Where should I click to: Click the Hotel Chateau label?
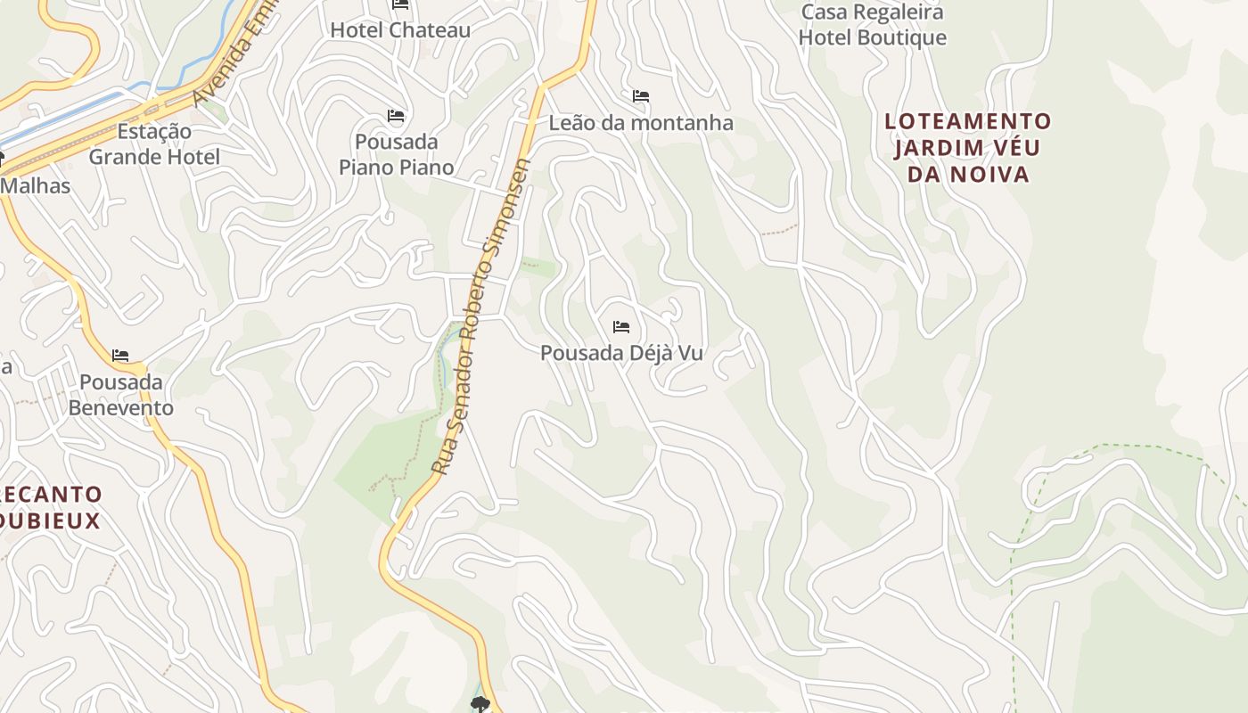click(x=400, y=30)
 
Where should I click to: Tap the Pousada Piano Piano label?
click(x=397, y=154)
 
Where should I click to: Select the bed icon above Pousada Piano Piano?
click(x=396, y=116)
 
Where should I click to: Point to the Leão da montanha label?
click(x=641, y=123)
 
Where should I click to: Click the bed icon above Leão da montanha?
click(x=640, y=96)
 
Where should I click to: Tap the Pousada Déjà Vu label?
click(x=621, y=353)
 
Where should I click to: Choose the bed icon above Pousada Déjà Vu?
click(x=621, y=327)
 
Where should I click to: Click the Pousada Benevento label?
click(x=121, y=395)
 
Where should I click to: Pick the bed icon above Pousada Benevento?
click(x=120, y=356)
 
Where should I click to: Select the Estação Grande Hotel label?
click(x=154, y=144)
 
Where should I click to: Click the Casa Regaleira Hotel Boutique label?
click(x=872, y=25)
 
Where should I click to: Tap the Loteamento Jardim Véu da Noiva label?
click(x=968, y=147)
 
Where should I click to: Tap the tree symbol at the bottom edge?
click(x=480, y=705)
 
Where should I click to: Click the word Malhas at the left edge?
click(x=36, y=186)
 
